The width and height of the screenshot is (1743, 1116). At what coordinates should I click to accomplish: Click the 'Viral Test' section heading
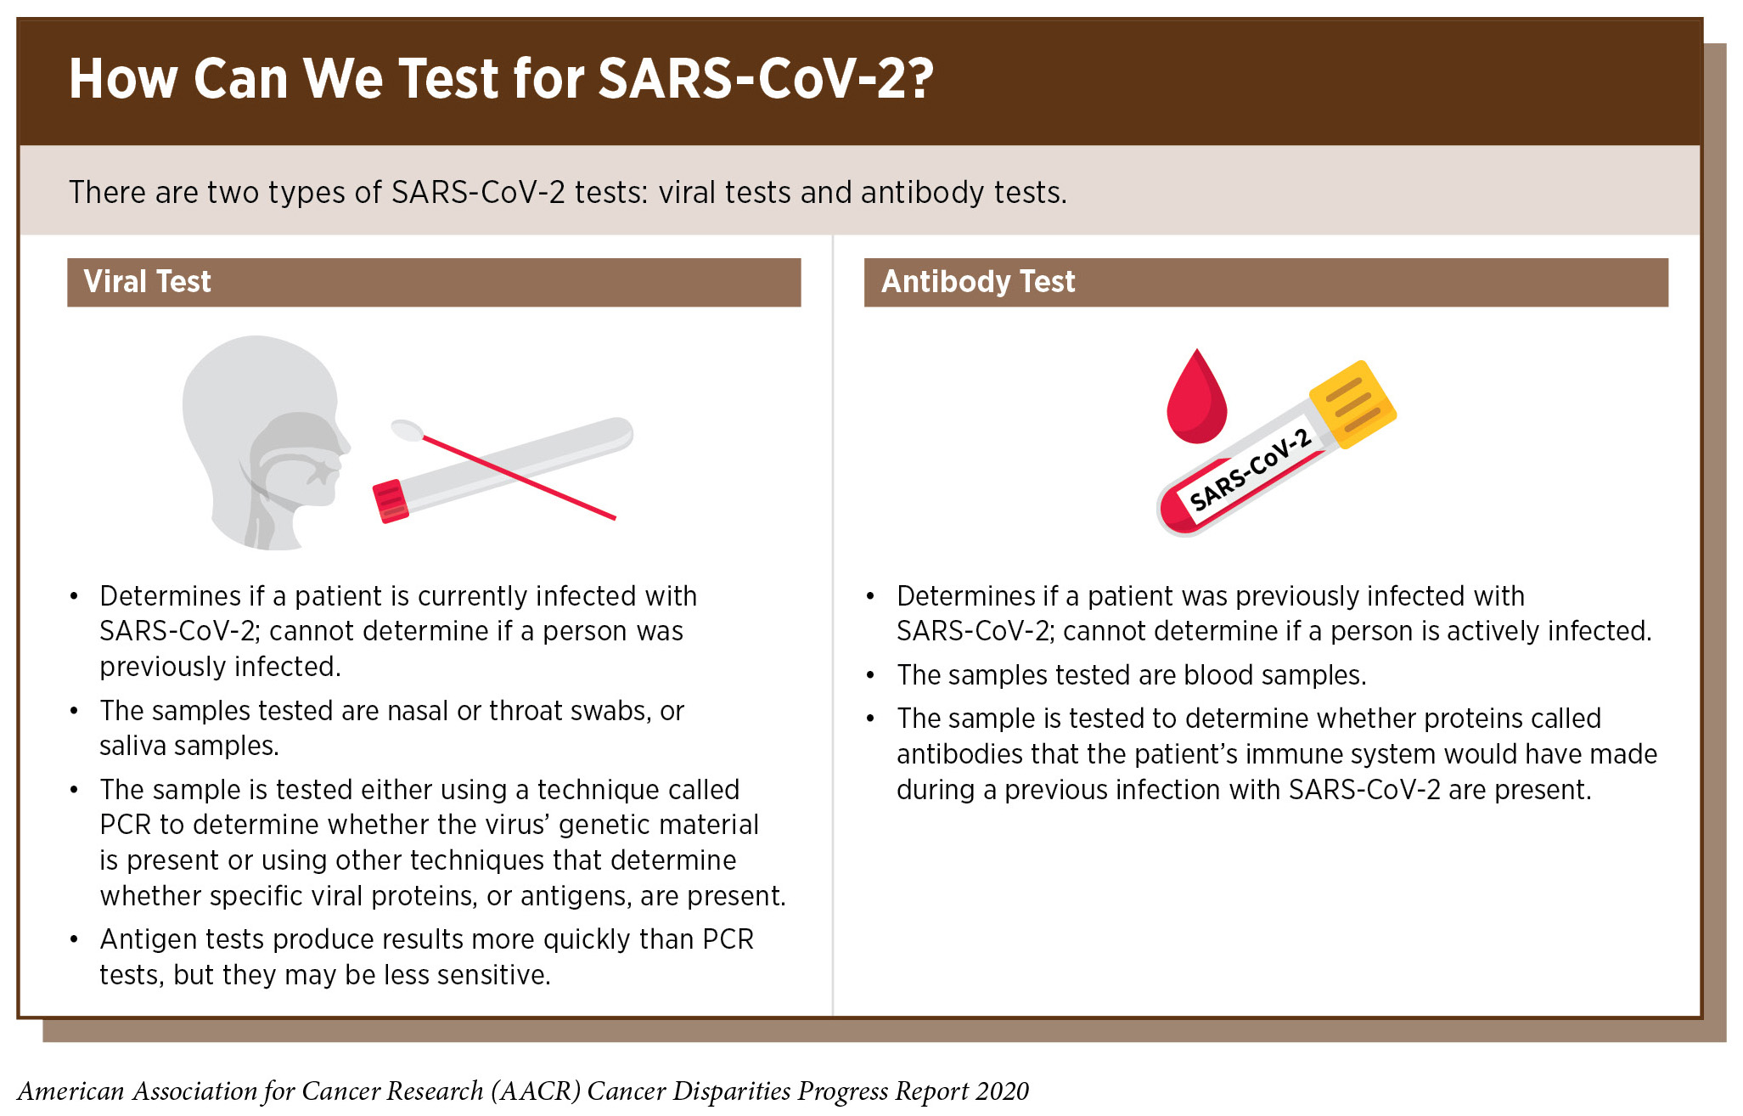(x=147, y=281)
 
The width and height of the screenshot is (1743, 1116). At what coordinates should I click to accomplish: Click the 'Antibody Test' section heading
(x=978, y=281)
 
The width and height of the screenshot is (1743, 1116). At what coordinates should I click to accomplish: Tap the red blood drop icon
(x=1196, y=397)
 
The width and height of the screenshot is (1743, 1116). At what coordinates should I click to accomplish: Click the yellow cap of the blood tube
(x=1352, y=404)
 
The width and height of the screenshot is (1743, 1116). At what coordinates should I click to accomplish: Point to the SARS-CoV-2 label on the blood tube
(x=1250, y=470)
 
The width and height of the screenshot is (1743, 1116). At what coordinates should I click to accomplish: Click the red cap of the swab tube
(x=391, y=501)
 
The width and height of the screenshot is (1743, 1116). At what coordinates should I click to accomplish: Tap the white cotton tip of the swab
(x=408, y=430)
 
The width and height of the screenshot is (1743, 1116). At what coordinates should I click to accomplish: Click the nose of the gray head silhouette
(x=341, y=442)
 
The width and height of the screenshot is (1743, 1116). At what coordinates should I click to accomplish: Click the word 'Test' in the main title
(x=448, y=78)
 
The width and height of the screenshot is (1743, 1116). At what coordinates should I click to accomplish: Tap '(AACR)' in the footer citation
(x=536, y=1091)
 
